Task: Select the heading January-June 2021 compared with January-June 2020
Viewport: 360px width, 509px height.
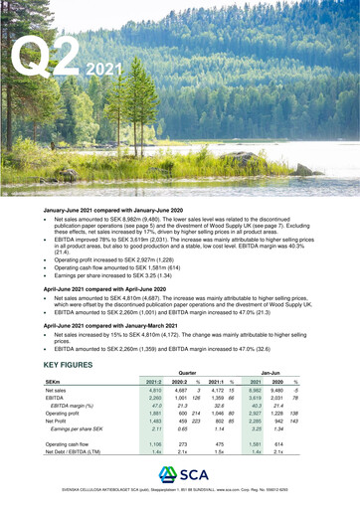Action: click(119, 213)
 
